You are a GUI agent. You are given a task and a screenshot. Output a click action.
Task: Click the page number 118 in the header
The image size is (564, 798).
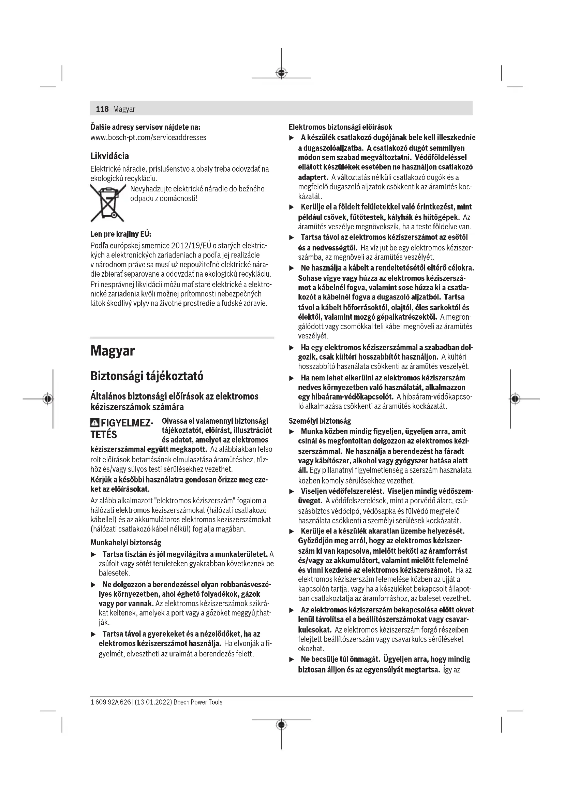point(102,109)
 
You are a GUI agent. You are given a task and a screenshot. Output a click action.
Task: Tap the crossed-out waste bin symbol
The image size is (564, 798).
point(107,203)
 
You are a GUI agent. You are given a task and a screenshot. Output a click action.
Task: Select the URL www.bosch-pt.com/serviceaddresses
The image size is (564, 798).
point(148,137)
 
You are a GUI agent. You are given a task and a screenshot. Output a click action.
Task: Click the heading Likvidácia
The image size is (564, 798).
point(109,156)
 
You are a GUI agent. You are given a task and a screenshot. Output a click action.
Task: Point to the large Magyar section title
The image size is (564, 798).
point(112,351)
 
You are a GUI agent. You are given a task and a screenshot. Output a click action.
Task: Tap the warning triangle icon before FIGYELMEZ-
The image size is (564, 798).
point(94,423)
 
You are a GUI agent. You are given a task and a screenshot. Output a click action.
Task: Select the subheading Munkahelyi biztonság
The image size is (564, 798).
point(126,542)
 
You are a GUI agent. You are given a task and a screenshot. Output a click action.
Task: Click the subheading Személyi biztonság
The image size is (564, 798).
point(320,421)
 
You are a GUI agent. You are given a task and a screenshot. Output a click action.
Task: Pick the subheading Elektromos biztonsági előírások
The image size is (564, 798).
point(340,127)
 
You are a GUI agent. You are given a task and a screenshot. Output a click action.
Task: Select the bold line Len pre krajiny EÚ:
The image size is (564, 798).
point(121,234)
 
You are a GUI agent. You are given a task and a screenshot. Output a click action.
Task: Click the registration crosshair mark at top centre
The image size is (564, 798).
point(281,73)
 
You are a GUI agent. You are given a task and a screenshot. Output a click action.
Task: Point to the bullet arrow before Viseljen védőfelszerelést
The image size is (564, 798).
point(292,491)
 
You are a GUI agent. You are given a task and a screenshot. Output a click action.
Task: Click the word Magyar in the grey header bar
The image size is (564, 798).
point(124,109)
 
